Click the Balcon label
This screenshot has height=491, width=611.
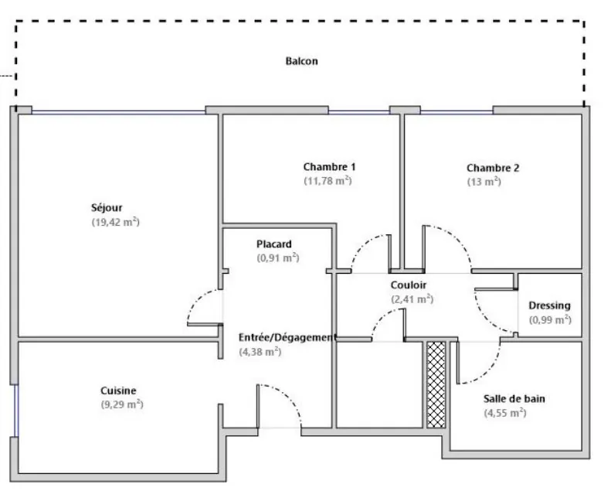pyautogui.click(x=301, y=61)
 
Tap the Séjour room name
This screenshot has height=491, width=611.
pyautogui.click(x=107, y=207)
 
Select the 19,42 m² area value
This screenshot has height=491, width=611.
pyautogui.click(x=114, y=222)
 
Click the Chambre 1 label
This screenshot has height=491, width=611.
pyautogui.click(x=329, y=167)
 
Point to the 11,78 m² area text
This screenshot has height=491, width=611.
pyautogui.click(x=328, y=182)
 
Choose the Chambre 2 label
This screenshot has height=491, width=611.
pyautogui.click(x=493, y=168)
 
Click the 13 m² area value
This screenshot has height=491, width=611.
pyautogui.click(x=484, y=182)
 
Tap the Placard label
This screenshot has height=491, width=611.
pyautogui.click(x=274, y=244)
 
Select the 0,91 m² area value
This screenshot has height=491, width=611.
pyautogui.click(x=277, y=258)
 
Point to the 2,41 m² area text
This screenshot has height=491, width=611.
pyautogui.click(x=412, y=299)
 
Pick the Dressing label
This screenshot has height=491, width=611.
pyautogui.click(x=549, y=305)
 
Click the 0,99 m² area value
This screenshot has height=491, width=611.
pyautogui.click(x=549, y=319)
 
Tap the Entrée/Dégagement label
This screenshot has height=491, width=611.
pyautogui.click(x=287, y=337)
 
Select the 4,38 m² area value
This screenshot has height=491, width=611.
pyautogui.click(x=260, y=352)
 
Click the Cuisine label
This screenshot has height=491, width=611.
pyautogui.click(x=118, y=390)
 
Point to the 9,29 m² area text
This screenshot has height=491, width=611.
pyautogui.click(x=122, y=404)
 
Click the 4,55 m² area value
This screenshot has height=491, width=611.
pyautogui.click(x=505, y=414)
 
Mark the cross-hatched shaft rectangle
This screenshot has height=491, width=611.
pyautogui.click(x=436, y=384)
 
